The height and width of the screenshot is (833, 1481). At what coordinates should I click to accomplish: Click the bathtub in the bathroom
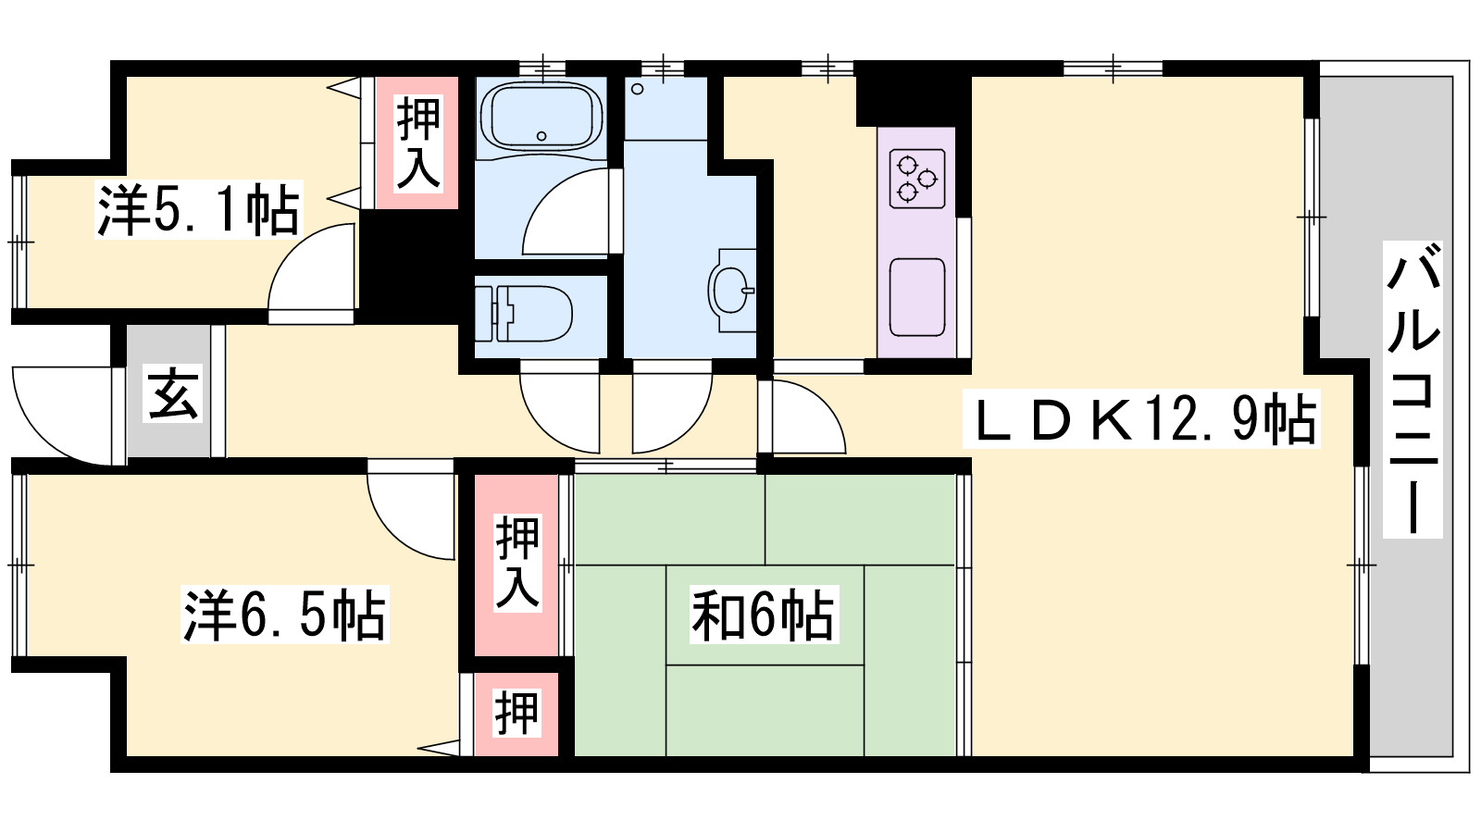(541, 117)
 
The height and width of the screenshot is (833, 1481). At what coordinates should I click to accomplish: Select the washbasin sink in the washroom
(732, 291)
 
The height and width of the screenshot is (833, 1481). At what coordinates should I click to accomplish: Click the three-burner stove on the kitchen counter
(917, 180)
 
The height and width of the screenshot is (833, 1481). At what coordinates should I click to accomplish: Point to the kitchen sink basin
(917, 297)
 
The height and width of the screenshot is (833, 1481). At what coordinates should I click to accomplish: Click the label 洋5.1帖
(198, 209)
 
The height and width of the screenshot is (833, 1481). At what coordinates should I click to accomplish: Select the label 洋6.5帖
(285, 615)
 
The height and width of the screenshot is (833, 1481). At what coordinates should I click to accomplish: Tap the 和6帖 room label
(764, 615)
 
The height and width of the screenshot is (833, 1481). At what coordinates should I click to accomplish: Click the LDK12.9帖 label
(1141, 419)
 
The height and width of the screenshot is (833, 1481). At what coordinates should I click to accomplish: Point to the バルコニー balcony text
(1413, 390)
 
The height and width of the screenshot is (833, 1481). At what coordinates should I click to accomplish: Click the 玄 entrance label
(173, 394)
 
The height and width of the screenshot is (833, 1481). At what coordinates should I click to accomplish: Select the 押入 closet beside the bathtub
(417, 143)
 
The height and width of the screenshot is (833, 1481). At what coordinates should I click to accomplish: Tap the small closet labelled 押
(517, 714)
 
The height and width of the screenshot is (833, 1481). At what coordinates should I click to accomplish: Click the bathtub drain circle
(541, 136)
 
